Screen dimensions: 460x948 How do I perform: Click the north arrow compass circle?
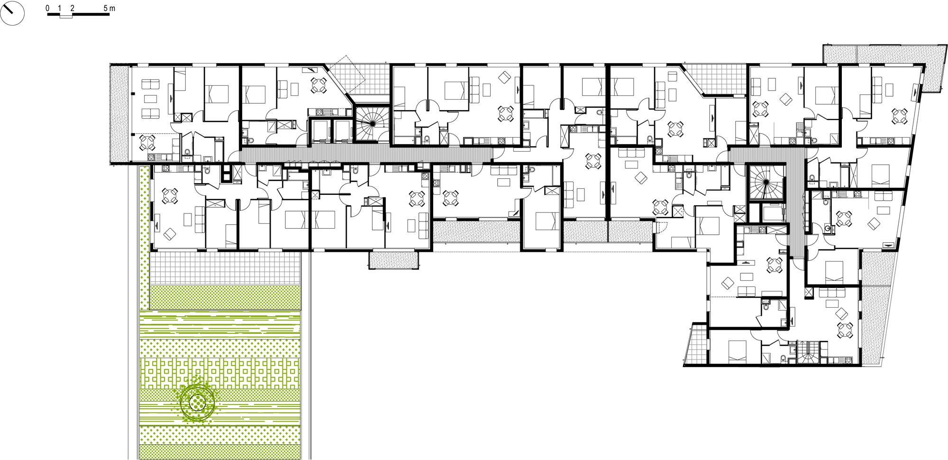pos(12,13)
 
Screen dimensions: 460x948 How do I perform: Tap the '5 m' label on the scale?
pos(109,8)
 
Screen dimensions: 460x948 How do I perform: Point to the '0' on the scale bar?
pos(47,8)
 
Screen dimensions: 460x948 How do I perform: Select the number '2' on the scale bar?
pos(72,8)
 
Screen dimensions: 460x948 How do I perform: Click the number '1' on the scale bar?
pos(59,8)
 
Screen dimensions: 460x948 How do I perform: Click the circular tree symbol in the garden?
pos(197,403)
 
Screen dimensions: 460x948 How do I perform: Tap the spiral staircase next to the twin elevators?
pos(372,123)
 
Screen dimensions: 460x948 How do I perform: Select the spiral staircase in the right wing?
pos(766,182)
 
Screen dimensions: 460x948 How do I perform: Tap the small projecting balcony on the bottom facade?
pos(394,260)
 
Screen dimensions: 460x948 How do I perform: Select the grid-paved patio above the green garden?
pos(225,268)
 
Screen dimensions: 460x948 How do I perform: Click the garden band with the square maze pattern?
pos(220,373)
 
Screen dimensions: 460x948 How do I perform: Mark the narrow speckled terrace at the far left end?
pos(119,114)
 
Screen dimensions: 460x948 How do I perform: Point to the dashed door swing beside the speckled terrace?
pos(661,228)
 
